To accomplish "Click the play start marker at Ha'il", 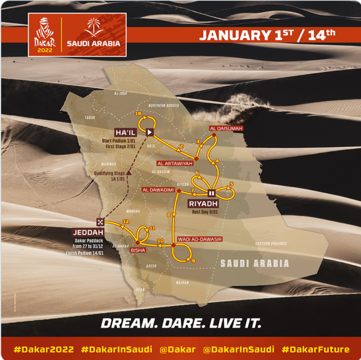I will [150, 132].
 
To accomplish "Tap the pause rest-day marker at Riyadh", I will [211, 193].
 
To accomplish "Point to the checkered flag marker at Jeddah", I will [102, 220].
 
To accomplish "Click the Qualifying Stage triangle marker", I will [127, 173].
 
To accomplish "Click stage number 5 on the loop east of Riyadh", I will [231, 184].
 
